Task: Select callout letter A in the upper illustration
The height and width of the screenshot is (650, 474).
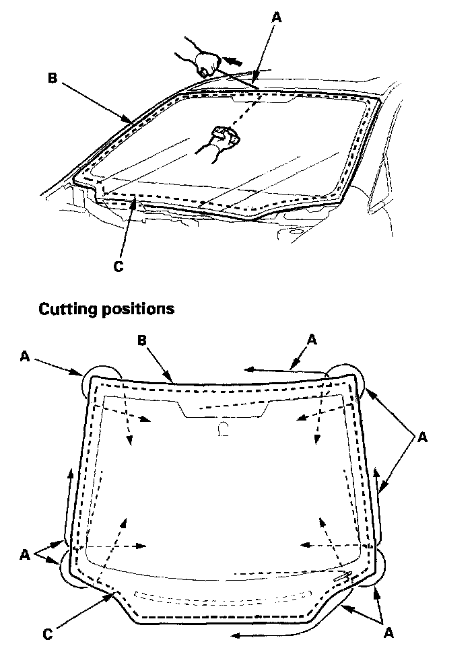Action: pos(275,19)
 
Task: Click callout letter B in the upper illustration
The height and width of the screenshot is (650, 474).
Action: pos(51,77)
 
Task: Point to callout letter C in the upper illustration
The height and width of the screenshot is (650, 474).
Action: pos(118,266)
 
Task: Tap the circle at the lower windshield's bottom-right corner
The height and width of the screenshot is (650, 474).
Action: pos(371,569)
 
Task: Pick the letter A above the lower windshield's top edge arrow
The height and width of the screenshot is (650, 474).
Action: pos(310,340)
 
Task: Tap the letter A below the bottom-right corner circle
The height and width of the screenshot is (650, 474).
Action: pos(387,633)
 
